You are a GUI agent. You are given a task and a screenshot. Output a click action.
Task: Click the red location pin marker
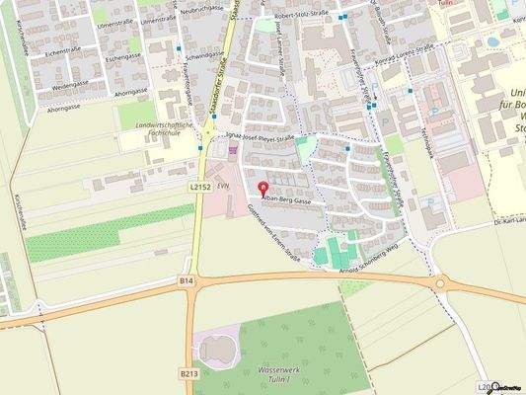pos(262,188)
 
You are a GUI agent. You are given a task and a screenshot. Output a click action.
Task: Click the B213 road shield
pos(188,373)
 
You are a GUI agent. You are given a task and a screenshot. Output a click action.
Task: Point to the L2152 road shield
pos(200,185)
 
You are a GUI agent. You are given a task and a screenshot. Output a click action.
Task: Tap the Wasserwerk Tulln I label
pos(285,374)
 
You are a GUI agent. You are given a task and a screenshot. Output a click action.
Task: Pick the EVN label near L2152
pos(223,184)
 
